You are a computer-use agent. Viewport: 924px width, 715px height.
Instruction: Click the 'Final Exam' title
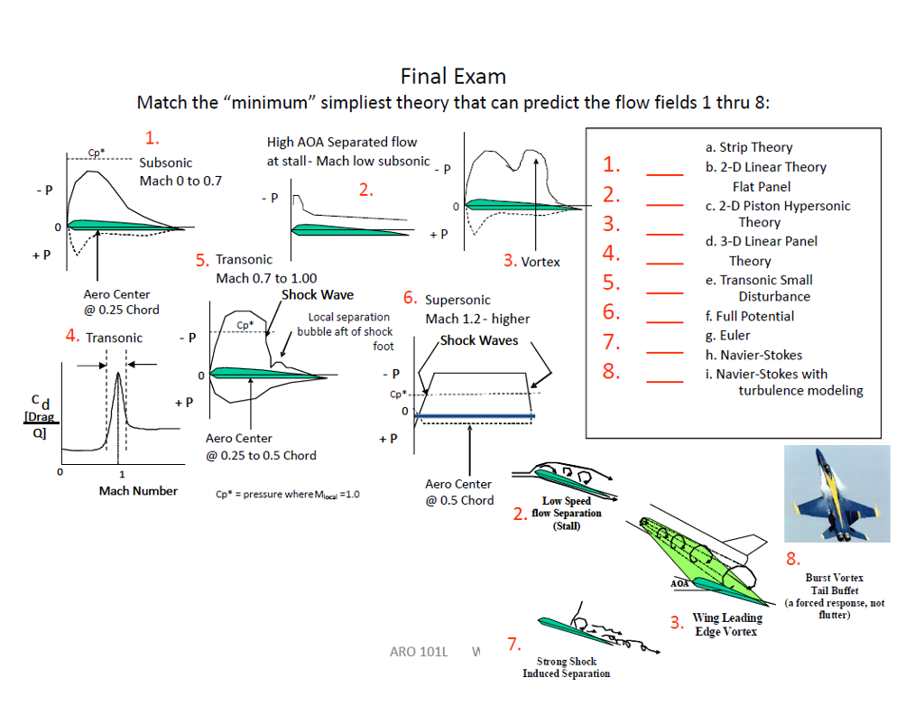point(453,76)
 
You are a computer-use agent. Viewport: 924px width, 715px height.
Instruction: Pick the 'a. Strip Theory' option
point(748,147)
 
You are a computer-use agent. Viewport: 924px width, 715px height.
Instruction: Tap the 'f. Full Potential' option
point(749,316)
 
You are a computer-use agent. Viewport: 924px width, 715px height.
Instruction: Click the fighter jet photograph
point(837,493)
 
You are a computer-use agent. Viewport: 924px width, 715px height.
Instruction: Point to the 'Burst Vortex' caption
point(834,578)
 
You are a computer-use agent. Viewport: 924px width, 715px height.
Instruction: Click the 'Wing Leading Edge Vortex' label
point(726,625)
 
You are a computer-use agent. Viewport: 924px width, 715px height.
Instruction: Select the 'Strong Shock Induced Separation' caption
point(566,667)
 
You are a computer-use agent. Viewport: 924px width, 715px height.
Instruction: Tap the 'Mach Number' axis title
point(138,491)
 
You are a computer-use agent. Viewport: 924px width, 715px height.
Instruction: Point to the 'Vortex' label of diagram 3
point(540,262)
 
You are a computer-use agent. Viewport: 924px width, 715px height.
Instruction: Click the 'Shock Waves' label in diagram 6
point(478,340)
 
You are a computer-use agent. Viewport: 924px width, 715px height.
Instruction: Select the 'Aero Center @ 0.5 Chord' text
point(459,492)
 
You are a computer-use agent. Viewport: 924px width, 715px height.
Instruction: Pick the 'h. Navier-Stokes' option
point(753,355)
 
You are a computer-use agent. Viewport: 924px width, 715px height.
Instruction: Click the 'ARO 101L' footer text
point(418,651)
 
